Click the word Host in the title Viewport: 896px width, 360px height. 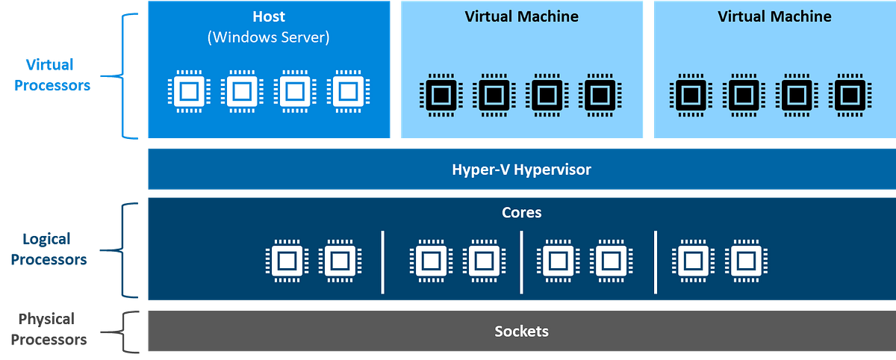coord(269,16)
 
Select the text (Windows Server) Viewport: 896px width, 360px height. coord(269,37)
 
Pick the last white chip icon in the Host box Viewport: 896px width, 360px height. coord(346,92)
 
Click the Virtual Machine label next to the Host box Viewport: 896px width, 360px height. coord(521,16)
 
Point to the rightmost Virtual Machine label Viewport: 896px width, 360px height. coord(774,16)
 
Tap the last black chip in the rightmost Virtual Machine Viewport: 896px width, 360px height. coord(850,95)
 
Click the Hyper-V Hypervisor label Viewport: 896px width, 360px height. coord(521,170)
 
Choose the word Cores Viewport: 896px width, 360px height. coord(521,213)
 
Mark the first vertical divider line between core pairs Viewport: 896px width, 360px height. coord(383,261)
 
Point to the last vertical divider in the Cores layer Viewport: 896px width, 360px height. coord(656,261)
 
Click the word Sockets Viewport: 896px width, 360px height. coord(521,331)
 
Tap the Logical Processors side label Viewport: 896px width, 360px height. coord(55,249)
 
